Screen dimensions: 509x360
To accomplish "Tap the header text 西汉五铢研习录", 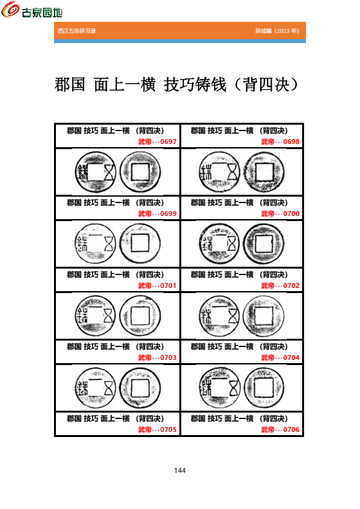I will click(x=76, y=31).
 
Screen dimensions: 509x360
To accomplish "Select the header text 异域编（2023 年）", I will click(x=276, y=31).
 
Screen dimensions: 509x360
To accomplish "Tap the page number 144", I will click(x=180, y=470).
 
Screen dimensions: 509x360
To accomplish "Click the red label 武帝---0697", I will click(x=157, y=141).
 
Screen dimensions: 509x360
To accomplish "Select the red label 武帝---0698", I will click(x=280, y=141).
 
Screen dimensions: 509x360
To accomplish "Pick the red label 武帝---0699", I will click(x=157, y=213).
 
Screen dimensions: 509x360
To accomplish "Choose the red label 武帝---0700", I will click(x=280, y=213).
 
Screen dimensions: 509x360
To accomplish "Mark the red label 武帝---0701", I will click(x=157, y=285).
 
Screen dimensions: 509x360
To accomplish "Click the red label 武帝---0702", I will click(x=280, y=285).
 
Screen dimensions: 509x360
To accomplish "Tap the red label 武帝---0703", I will click(x=157, y=357).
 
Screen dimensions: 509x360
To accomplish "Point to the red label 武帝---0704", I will click(x=280, y=357).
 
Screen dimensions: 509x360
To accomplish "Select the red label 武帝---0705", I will click(x=157, y=429).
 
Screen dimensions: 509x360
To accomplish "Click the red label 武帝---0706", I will click(x=280, y=429).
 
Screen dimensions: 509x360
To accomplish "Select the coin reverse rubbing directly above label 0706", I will click(x=264, y=388).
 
